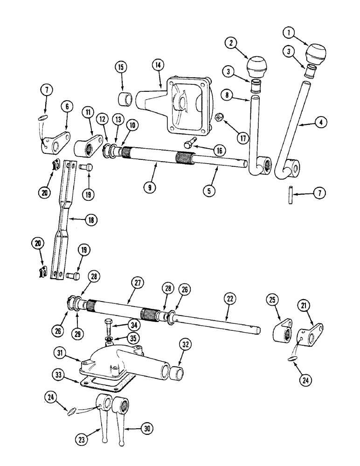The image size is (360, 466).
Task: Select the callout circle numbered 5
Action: point(211,190)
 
